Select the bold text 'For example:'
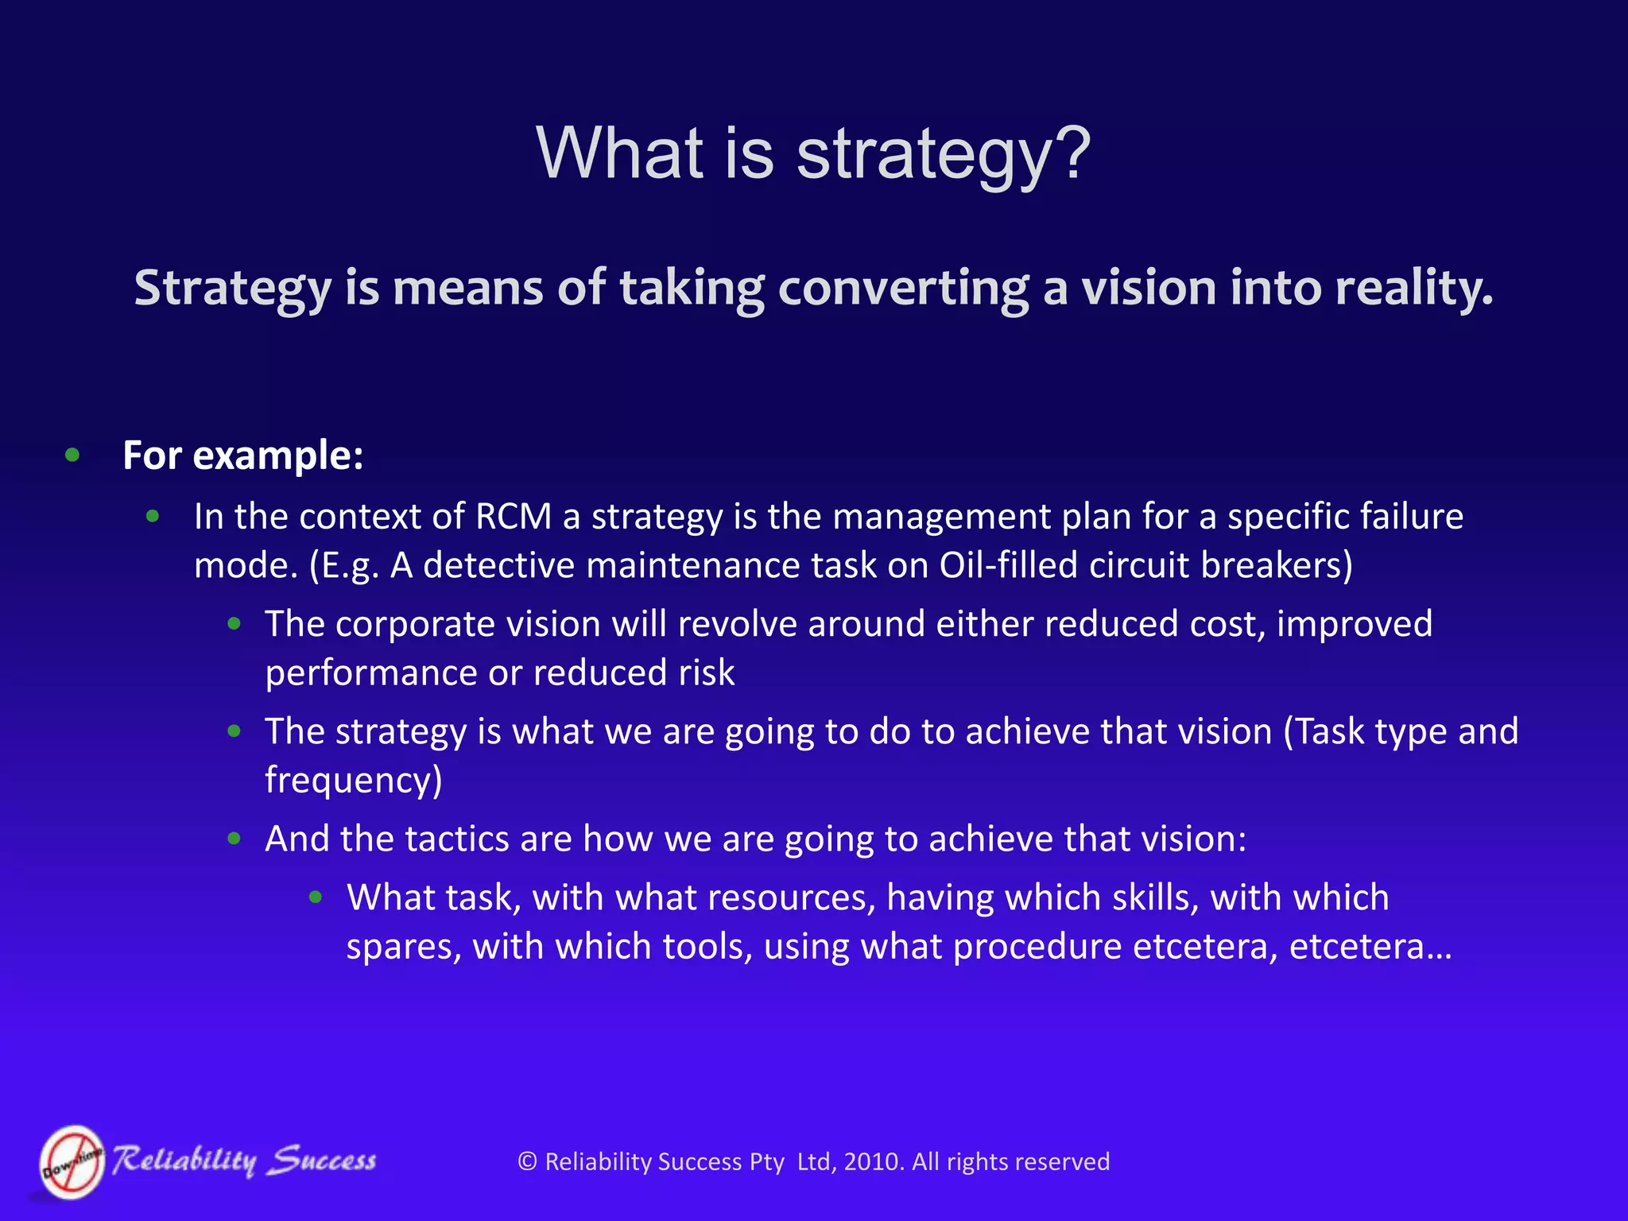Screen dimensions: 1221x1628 pos(243,456)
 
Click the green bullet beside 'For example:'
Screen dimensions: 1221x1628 pos(72,455)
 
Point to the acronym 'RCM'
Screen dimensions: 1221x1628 pos(513,517)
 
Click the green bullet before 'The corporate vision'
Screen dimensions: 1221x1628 pos(234,624)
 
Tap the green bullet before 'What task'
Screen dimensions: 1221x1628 pos(316,897)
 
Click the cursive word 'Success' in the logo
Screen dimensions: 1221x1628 pos(322,1161)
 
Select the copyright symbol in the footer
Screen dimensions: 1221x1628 pos(527,1162)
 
